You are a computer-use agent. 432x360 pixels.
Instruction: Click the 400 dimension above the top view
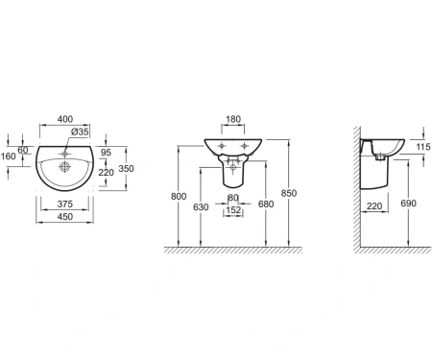pyautogui.click(x=65, y=119)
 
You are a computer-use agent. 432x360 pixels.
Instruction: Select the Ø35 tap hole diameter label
pyautogui.click(x=80, y=132)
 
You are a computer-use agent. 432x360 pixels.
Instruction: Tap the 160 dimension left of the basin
pyautogui.click(x=8, y=156)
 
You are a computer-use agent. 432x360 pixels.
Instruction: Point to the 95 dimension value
pyautogui.click(x=106, y=153)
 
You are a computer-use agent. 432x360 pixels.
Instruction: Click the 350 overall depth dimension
pyautogui.click(x=126, y=168)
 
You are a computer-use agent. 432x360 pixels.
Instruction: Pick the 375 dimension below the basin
pyautogui.click(x=65, y=204)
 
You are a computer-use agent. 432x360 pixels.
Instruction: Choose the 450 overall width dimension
pyautogui.click(x=65, y=217)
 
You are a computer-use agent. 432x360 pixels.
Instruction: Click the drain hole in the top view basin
pyautogui.click(x=64, y=167)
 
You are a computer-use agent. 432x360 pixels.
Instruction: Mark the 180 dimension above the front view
pyautogui.click(x=233, y=119)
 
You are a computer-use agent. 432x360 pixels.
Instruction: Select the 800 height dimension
pyautogui.click(x=179, y=196)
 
